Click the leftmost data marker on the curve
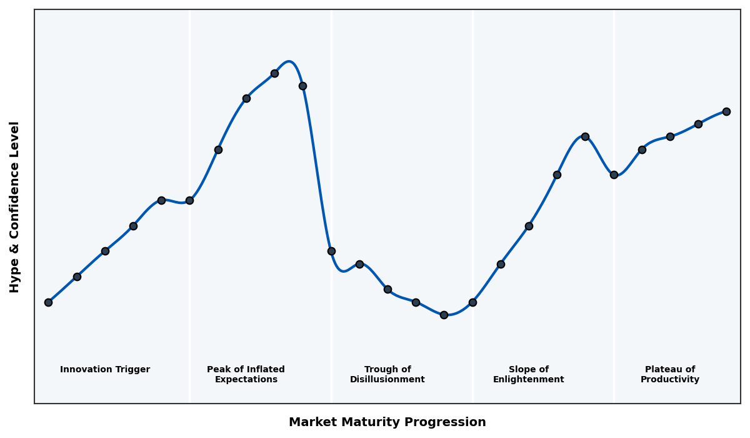[48, 302]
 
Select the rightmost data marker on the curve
[726, 111]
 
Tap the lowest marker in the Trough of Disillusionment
[444, 315]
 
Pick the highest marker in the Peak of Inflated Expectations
[274, 73]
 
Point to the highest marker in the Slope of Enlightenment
[585, 136]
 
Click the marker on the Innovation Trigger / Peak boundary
[189, 200]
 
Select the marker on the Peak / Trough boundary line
[331, 251]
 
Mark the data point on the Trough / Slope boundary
[472, 302]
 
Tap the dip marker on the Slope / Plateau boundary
[614, 175]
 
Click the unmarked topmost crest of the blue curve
[289, 61]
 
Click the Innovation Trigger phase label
[105, 370]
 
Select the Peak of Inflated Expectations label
[246, 375]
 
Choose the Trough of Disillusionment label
[387, 375]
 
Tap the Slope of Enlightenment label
[529, 375]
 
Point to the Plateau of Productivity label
[670, 375]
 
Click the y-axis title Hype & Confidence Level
[15, 206]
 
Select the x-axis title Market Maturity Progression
[387, 422]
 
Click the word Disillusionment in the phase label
[387, 380]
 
